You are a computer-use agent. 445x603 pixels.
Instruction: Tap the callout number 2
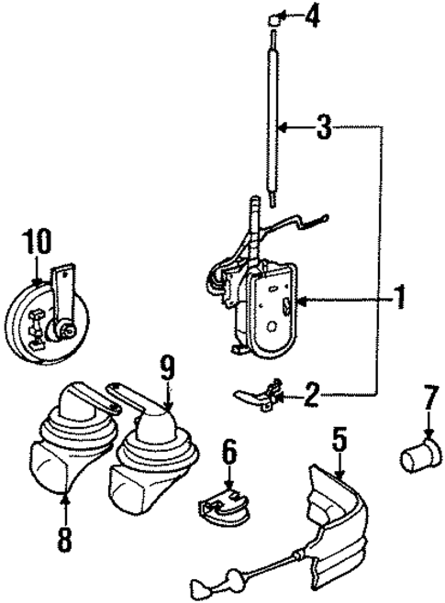point(311,395)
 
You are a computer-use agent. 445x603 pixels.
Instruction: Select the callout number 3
point(323,128)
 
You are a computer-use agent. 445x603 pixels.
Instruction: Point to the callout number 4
point(312,16)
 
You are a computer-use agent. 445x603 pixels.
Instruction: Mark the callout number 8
point(63,536)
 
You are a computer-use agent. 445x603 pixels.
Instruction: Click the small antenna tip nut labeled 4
point(274,18)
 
